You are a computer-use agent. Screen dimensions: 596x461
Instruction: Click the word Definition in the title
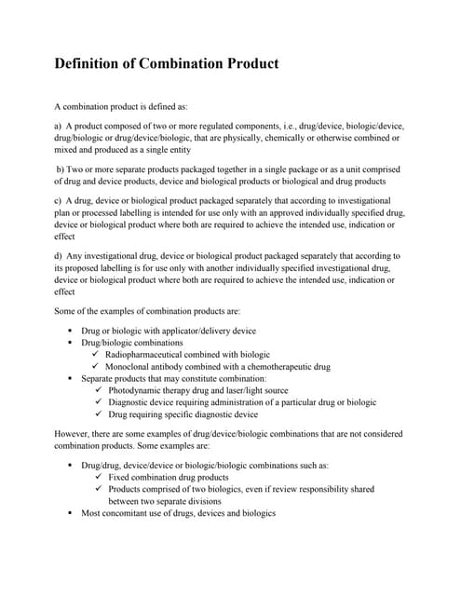pyautogui.click(x=87, y=64)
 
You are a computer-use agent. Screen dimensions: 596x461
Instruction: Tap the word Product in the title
pyautogui.click(x=248, y=64)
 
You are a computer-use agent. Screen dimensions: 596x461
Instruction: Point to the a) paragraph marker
pyautogui.click(x=59, y=125)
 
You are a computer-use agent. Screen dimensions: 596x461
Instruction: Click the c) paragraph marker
pyautogui.click(x=59, y=200)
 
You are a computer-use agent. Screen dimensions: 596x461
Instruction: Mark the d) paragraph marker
pyautogui.click(x=59, y=255)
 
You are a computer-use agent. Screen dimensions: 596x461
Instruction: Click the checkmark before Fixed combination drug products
pyautogui.click(x=99, y=476)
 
